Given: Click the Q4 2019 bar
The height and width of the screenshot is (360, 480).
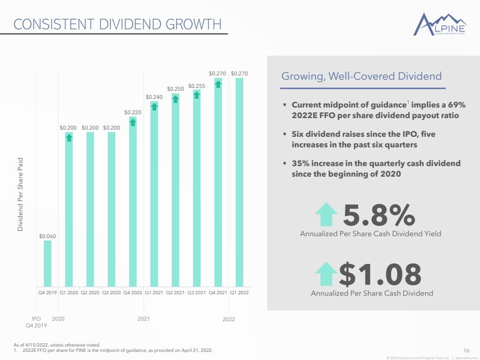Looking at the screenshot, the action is tap(48, 264).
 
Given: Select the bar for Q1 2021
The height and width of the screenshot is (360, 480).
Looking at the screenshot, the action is tap(154, 194).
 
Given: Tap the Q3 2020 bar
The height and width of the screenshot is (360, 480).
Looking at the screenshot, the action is tap(111, 209).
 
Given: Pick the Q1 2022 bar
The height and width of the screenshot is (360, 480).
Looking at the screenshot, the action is tap(239, 182).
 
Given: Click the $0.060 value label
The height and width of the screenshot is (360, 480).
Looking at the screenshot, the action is tap(48, 236).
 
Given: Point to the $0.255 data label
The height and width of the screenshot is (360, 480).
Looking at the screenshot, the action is tap(197, 86).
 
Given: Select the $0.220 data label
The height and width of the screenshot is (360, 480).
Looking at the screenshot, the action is tap(133, 112).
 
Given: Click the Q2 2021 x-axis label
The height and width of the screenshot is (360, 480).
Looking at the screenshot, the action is tap(175, 293).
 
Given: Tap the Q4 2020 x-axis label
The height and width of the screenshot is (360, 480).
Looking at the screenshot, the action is tap(133, 293).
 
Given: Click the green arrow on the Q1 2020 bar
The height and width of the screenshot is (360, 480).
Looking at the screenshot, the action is tap(69, 138).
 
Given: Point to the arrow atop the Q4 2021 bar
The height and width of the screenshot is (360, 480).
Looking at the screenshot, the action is tap(218, 84).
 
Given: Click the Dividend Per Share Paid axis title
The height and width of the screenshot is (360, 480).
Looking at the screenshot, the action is tap(20, 194).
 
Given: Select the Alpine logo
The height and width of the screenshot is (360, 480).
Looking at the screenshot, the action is tap(440, 24).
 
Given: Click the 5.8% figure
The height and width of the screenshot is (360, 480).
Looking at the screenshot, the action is tap(379, 215).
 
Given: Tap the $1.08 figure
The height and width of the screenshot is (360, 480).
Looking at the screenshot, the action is tap(380, 274).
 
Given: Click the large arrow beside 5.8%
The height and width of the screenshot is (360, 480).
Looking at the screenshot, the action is tap(326, 214).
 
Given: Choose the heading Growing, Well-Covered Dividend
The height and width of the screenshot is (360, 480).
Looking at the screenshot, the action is tap(361, 76).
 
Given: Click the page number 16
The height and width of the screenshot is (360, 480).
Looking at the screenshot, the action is tap(466, 350).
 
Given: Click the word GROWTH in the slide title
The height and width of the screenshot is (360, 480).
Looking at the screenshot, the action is tap(194, 24).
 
